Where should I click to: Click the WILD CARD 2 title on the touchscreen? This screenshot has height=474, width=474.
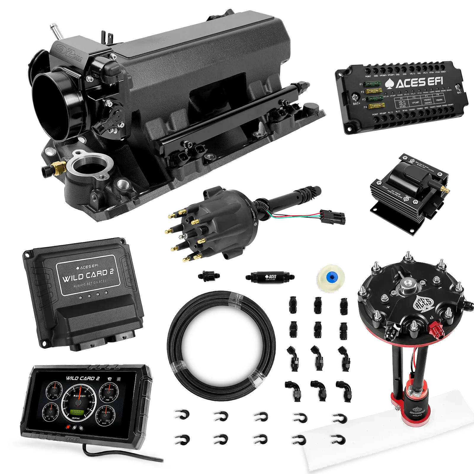(83, 378)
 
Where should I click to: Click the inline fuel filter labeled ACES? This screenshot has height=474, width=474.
(270, 277)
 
